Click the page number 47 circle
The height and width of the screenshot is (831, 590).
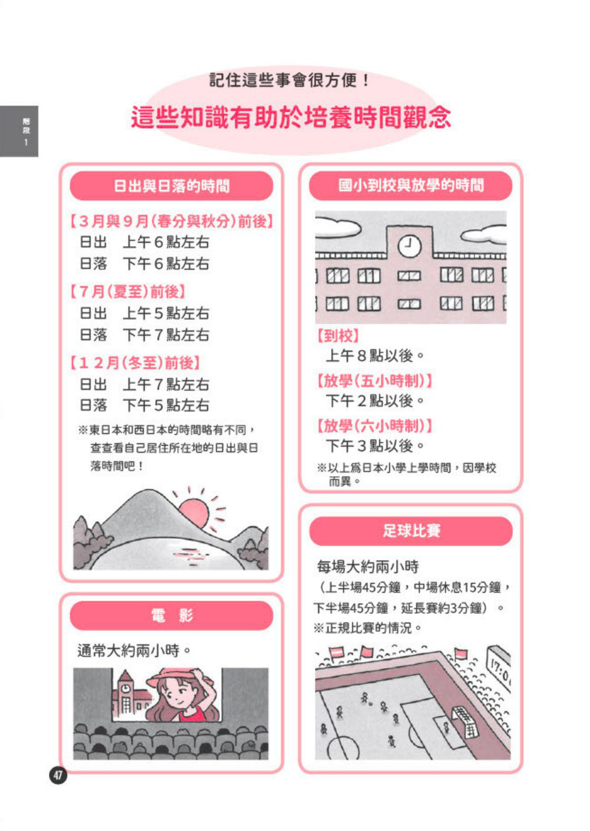point(58,776)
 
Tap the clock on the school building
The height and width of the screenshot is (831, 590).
point(409,246)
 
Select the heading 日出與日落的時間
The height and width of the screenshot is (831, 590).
point(171,186)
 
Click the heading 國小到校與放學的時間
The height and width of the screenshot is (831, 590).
point(411,185)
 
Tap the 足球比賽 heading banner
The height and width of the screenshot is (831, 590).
point(411,531)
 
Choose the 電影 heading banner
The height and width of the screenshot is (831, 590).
point(171,616)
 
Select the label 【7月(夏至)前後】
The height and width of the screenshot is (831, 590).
point(127,292)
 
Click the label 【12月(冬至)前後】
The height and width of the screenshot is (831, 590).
point(135,362)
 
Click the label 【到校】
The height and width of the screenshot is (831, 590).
point(337,336)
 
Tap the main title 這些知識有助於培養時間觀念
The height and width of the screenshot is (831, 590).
point(291,117)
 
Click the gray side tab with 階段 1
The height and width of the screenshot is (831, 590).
point(19,132)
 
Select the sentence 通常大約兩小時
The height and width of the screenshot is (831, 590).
point(134,650)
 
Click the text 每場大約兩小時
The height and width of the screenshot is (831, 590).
point(368,567)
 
